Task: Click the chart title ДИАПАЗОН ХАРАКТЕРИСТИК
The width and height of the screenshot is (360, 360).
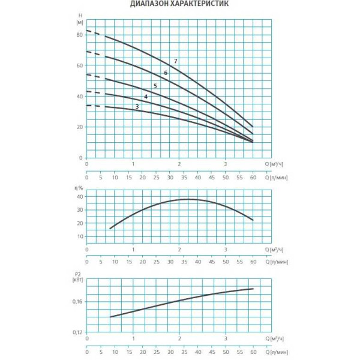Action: click(x=179, y=4)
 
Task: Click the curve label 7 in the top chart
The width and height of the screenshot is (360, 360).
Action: click(x=176, y=61)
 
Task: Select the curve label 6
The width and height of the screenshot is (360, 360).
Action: click(x=166, y=73)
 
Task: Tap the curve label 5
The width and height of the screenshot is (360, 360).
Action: click(x=155, y=86)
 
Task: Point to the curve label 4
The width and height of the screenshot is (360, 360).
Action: click(x=146, y=97)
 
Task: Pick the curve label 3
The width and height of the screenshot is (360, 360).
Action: click(x=137, y=107)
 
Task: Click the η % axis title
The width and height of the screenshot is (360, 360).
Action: click(x=78, y=188)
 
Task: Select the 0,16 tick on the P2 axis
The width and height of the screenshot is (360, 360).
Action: click(x=77, y=302)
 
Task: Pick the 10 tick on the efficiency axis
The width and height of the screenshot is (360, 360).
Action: click(x=79, y=236)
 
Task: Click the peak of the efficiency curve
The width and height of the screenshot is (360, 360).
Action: click(x=187, y=199)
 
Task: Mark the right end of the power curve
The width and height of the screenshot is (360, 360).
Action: click(x=253, y=289)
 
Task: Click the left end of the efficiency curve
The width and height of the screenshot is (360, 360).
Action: click(x=110, y=229)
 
